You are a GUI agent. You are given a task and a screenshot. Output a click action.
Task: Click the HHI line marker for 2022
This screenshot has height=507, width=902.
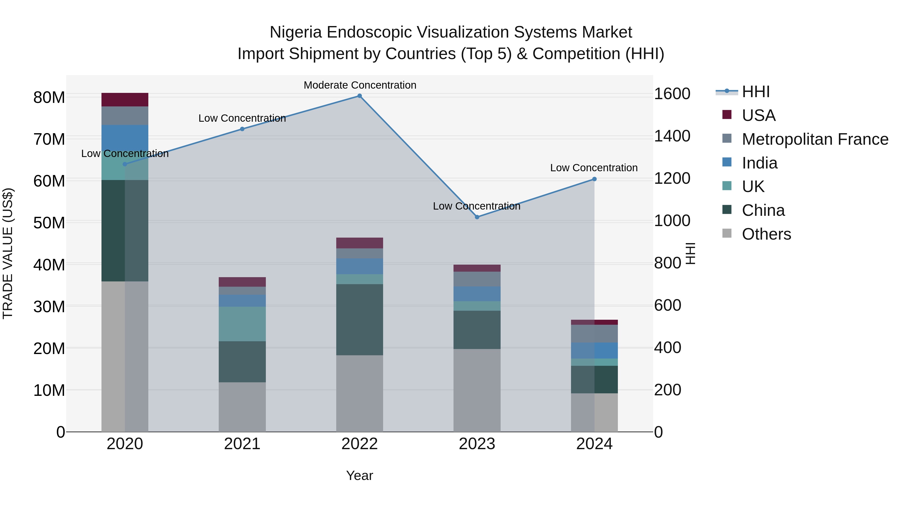(x=360, y=96)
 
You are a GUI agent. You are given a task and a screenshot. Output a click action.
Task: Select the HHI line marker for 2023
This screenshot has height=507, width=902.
(x=477, y=217)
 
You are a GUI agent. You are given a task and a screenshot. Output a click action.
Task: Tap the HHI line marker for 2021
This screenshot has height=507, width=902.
(x=242, y=129)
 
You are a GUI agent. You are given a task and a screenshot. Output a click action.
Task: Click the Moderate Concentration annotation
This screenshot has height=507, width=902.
(x=360, y=85)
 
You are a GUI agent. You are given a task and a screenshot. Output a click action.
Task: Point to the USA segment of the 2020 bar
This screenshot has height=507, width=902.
(x=125, y=100)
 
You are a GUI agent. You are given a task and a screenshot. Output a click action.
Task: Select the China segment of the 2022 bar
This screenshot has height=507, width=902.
(x=360, y=319)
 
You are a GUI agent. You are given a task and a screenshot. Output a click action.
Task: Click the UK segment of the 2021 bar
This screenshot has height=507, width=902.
(x=242, y=324)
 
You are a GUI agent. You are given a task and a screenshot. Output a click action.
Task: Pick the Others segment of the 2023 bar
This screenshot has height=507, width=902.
(x=477, y=390)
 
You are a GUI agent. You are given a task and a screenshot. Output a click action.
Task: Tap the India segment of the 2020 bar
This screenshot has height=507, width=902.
(x=125, y=136)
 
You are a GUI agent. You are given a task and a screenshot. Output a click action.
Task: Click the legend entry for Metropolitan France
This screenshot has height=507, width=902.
(x=815, y=139)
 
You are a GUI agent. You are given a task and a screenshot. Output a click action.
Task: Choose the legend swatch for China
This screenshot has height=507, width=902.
(x=727, y=210)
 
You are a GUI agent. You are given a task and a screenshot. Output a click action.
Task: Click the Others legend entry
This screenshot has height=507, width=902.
(x=766, y=234)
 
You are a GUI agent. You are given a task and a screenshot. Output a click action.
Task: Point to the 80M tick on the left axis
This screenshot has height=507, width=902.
(x=49, y=97)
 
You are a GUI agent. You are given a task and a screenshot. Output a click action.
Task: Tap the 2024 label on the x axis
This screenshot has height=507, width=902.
(x=594, y=444)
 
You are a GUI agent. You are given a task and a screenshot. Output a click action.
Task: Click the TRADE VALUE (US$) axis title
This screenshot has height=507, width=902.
(x=8, y=253)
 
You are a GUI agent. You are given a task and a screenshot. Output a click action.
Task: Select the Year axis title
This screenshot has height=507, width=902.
(x=360, y=475)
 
